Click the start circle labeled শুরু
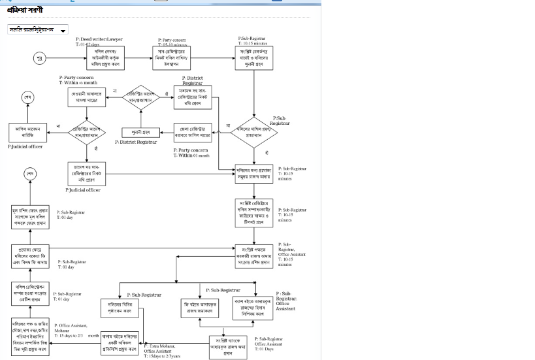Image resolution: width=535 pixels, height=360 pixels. (40, 58)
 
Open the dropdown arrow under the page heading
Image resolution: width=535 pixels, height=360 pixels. (63, 31)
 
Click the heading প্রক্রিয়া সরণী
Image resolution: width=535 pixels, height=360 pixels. (25, 10)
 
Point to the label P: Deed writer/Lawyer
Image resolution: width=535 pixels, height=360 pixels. (104, 39)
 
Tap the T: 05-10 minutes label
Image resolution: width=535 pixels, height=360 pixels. (178, 44)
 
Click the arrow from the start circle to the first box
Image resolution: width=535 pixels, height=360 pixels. (66, 58)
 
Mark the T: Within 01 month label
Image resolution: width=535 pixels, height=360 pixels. (191, 155)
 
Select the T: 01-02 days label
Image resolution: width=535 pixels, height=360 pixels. (88, 44)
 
